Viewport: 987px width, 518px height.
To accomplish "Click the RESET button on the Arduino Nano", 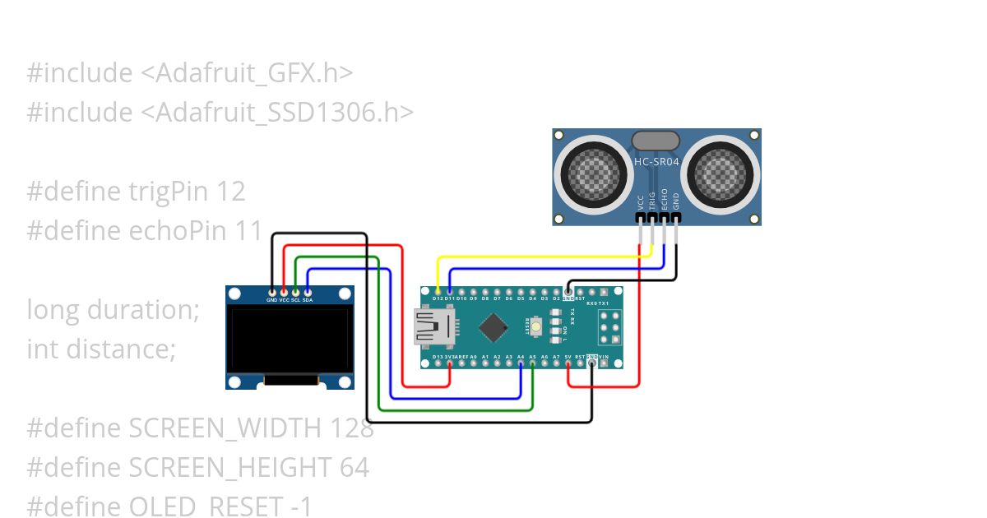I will pos(536,327).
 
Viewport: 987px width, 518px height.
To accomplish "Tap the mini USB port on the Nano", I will pos(433,327).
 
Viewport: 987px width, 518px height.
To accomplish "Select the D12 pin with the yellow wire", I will pos(438,291).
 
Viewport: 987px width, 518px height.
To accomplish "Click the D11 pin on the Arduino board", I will pos(449,291).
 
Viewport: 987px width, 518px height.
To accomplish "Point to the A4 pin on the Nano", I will pos(521,363).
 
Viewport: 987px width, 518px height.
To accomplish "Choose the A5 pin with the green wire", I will pos(533,363).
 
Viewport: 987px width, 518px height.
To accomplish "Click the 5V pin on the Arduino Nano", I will pos(568,363).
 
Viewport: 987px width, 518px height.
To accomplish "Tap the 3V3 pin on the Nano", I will pos(450,363).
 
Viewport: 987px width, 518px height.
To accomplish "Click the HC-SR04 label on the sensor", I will pos(656,162).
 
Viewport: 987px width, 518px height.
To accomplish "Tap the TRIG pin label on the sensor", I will pos(652,201).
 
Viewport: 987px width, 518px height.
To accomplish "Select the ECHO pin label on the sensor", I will pos(665,201).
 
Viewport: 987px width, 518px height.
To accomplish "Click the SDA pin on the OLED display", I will pos(308,291).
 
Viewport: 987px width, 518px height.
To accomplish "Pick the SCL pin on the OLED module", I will pos(295,291).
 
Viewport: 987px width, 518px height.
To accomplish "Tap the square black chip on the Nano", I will pos(493,327).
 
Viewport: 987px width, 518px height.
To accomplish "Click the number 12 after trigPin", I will pos(231,192).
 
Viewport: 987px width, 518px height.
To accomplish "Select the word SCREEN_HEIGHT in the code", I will pos(231,468).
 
